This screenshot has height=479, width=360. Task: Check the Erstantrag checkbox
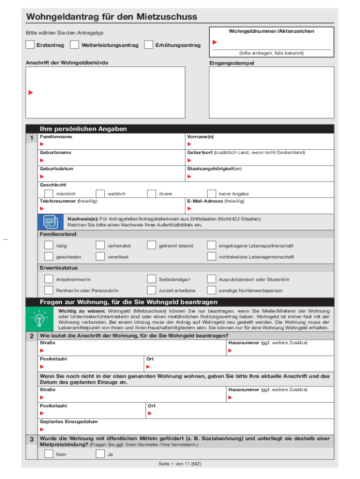click(30, 45)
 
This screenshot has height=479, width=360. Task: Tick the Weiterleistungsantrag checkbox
click(74, 45)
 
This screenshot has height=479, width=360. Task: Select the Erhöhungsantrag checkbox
click(149, 45)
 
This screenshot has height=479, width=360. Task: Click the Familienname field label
click(56, 137)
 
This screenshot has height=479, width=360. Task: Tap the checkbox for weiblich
click(100, 193)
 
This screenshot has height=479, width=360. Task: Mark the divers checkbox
click(151, 193)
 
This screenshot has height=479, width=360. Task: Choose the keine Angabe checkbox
click(211, 193)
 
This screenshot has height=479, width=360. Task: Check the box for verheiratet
click(100, 245)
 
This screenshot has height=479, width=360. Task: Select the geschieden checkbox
click(49, 256)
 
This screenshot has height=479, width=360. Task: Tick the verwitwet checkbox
click(100, 256)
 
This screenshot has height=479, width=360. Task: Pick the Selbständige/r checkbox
click(151, 279)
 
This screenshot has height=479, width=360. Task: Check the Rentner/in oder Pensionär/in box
click(49, 290)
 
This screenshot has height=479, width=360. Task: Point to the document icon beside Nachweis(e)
click(50, 222)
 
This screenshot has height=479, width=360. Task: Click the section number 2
click(31, 336)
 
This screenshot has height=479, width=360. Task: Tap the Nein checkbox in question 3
click(49, 454)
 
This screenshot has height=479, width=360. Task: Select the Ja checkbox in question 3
click(100, 454)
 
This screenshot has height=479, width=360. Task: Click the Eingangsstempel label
click(232, 63)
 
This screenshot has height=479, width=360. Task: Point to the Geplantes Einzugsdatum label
click(69, 421)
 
